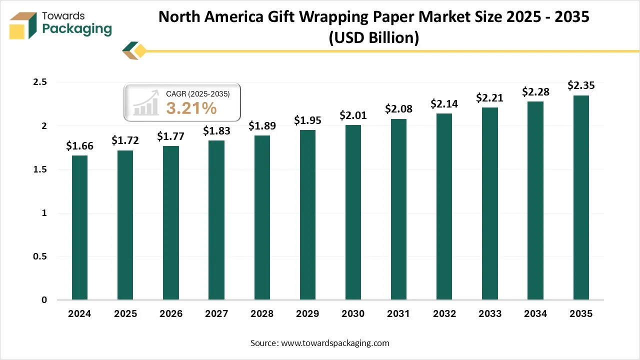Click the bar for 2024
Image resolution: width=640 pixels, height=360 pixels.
79,227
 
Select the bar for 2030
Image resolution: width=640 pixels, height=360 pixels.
353,212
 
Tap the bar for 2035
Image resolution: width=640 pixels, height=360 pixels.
581,197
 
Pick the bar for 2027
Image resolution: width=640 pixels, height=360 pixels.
216,220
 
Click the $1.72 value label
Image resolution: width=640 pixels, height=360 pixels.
125,140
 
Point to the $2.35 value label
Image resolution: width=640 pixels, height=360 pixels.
581,85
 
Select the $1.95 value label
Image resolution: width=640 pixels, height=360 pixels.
307,120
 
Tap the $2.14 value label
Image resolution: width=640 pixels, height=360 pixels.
444,104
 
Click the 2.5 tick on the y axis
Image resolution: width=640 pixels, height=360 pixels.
40,82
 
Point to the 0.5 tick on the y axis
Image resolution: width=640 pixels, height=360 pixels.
40,256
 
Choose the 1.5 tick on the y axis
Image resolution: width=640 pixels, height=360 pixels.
40,169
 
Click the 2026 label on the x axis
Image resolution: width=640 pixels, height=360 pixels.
170,314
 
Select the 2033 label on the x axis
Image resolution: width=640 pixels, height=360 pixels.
489,314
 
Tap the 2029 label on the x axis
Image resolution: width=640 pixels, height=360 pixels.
307,314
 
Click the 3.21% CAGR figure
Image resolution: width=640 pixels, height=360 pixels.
191,107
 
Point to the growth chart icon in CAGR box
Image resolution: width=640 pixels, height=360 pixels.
145,103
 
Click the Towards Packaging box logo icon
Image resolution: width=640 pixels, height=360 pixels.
23,25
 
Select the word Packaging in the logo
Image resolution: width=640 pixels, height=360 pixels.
77,29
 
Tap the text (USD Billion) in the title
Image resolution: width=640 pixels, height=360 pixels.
373,37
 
